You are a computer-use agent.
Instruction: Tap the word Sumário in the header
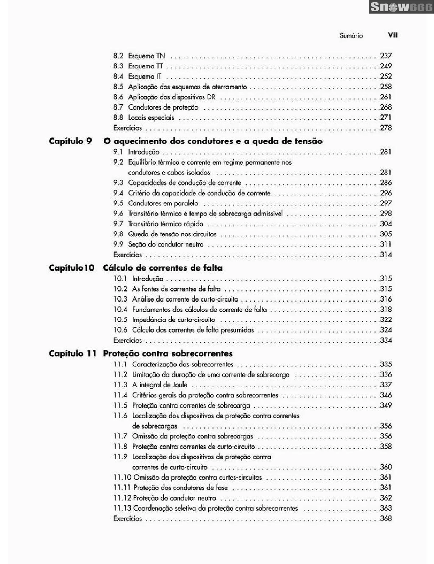[x=351, y=36]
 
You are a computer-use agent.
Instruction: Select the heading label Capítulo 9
[x=70, y=141]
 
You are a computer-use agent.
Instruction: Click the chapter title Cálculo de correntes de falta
[x=163, y=268]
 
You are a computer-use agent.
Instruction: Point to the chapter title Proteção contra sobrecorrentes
[x=168, y=353]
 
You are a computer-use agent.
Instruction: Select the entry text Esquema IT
[x=145, y=77]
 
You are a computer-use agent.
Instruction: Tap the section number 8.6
[x=118, y=97]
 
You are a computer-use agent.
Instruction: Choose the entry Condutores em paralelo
[x=163, y=203]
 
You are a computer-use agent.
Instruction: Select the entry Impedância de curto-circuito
[x=173, y=320]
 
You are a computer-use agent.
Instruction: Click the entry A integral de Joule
[x=160, y=385]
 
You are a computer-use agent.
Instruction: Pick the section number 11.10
[x=122, y=477]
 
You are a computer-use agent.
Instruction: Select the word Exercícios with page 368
[x=127, y=519]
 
